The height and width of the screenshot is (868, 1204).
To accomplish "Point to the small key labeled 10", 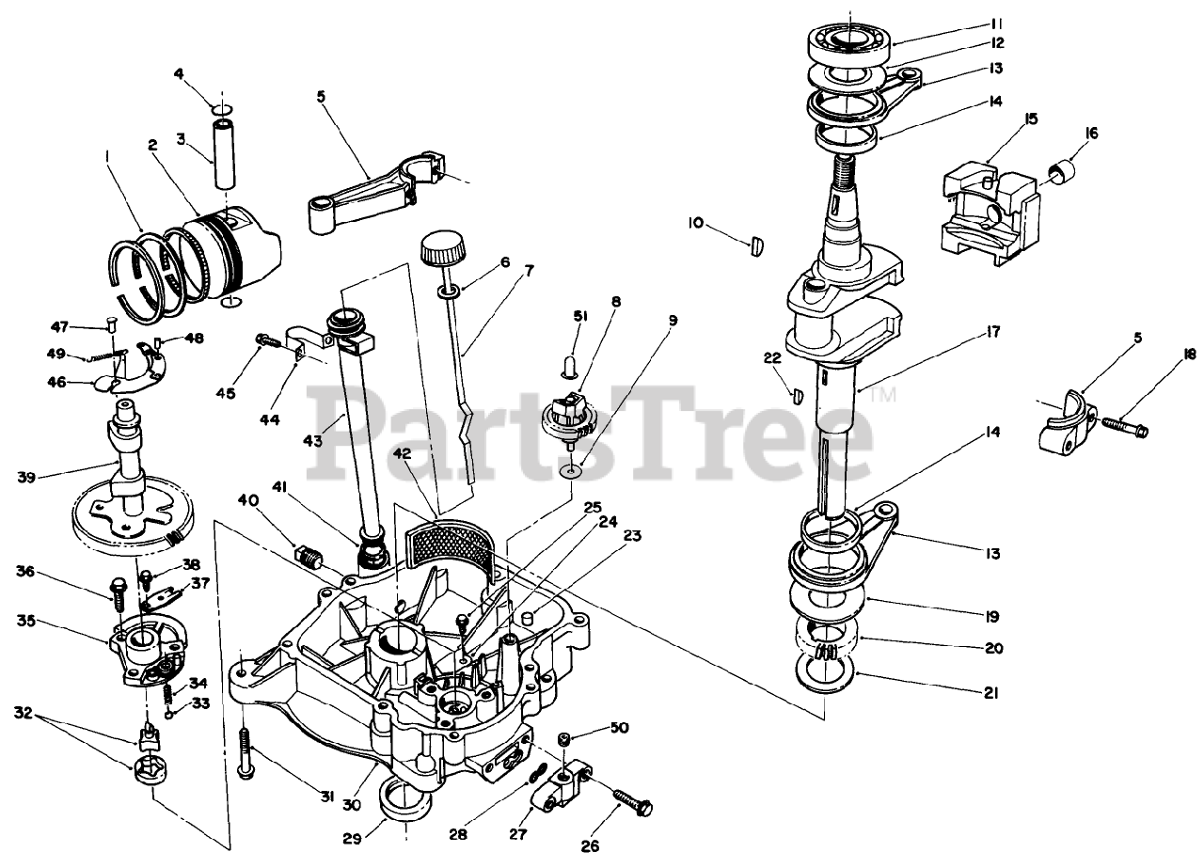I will coord(758,247).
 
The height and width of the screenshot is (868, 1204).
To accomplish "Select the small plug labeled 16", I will coord(1064,171).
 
